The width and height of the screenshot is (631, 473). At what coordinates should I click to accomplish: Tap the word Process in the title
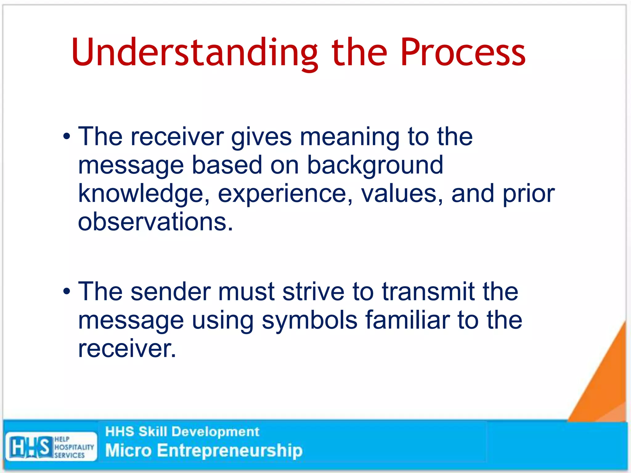point(463,52)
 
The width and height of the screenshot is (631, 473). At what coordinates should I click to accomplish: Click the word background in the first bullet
point(375,165)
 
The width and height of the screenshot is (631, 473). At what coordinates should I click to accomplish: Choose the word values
point(402,194)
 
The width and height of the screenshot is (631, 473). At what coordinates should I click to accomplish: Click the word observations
point(155,222)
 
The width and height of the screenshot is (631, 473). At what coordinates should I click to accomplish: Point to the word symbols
point(309,320)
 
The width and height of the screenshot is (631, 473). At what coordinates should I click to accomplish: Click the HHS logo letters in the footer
point(30,447)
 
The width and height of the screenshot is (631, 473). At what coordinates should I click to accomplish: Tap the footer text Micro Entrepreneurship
point(204,451)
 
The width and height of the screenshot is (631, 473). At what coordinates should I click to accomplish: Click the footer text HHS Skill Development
point(182,431)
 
